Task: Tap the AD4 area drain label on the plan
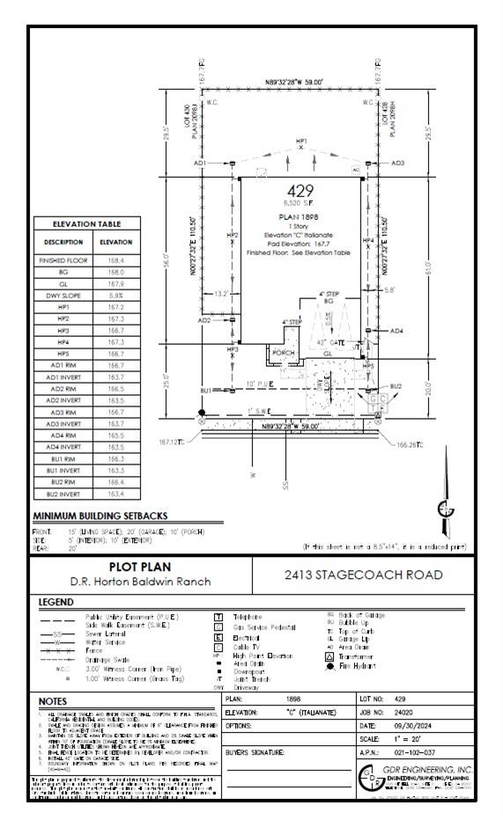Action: [396, 331]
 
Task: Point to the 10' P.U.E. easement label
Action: [262, 384]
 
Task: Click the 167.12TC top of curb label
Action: [174, 441]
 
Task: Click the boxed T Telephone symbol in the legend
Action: [218, 618]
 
